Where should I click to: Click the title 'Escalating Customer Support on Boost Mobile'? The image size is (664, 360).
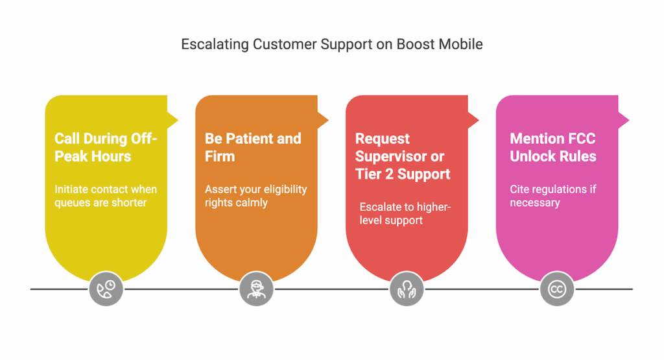pos(331,45)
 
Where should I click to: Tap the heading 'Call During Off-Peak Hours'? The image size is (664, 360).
pos(106,147)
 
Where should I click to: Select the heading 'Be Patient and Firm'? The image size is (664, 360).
pos(253,147)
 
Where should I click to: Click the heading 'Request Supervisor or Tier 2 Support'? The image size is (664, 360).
pos(403,156)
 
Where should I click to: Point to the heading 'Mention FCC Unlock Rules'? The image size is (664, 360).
pos(553,147)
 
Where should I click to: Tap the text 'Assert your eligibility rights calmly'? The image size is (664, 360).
pos(255,196)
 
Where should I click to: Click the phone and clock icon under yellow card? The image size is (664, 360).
pos(106,289)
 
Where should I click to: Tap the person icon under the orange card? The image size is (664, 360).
pos(256,289)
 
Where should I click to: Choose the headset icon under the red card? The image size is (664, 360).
pos(407,289)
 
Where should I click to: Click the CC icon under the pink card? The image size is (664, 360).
pos(556,289)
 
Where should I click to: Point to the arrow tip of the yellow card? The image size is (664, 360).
pos(176,120)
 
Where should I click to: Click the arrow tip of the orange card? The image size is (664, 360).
pos(326,120)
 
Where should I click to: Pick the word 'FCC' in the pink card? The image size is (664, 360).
pos(580,139)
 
